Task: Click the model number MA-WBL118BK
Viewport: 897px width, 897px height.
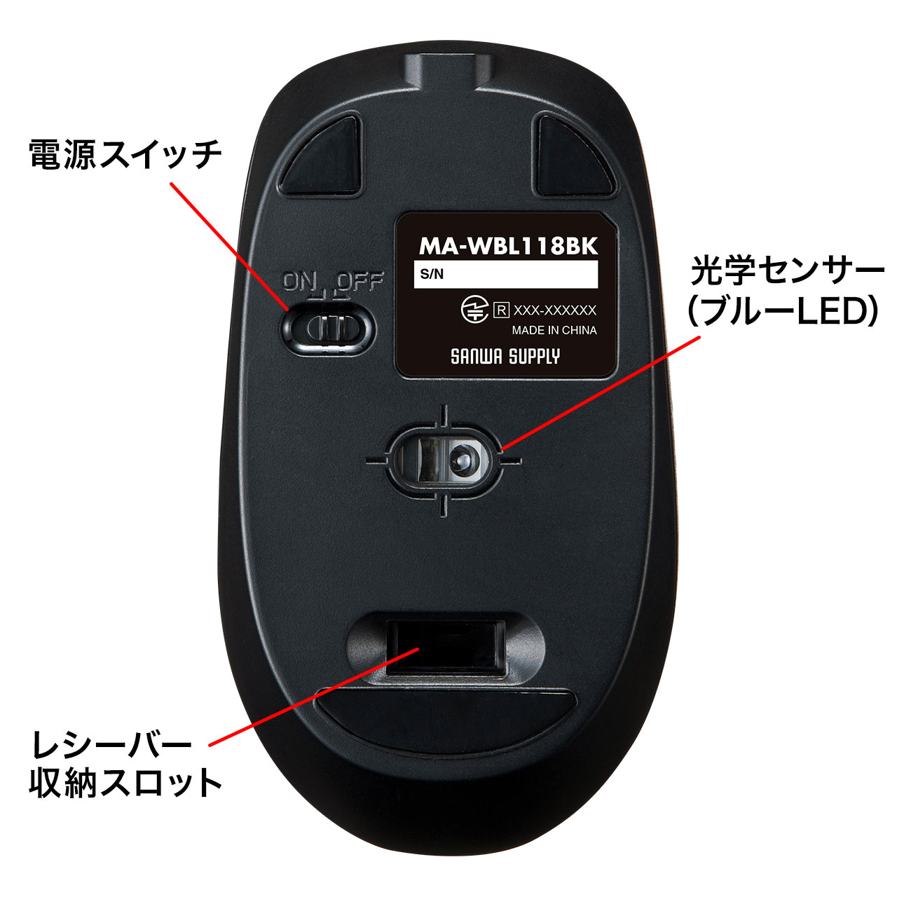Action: (508, 245)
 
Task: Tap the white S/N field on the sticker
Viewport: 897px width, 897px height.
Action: (505, 274)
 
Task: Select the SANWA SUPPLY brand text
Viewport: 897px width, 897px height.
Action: (505, 357)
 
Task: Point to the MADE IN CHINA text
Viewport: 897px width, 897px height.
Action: (554, 330)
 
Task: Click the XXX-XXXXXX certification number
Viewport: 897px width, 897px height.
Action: (554, 310)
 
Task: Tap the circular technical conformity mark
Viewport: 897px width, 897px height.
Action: (474, 310)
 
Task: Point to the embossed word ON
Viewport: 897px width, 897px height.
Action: (299, 281)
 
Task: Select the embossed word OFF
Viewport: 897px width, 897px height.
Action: (360, 281)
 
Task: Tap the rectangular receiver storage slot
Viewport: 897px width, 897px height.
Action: (446, 648)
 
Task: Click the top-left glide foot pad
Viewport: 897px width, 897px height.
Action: (320, 156)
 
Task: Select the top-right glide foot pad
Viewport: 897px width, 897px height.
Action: (576, 156)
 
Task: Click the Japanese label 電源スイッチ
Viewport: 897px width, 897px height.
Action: (125, 155)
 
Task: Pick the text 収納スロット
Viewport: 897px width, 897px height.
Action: (125, 783)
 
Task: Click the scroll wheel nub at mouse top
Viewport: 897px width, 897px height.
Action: (448, 71)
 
